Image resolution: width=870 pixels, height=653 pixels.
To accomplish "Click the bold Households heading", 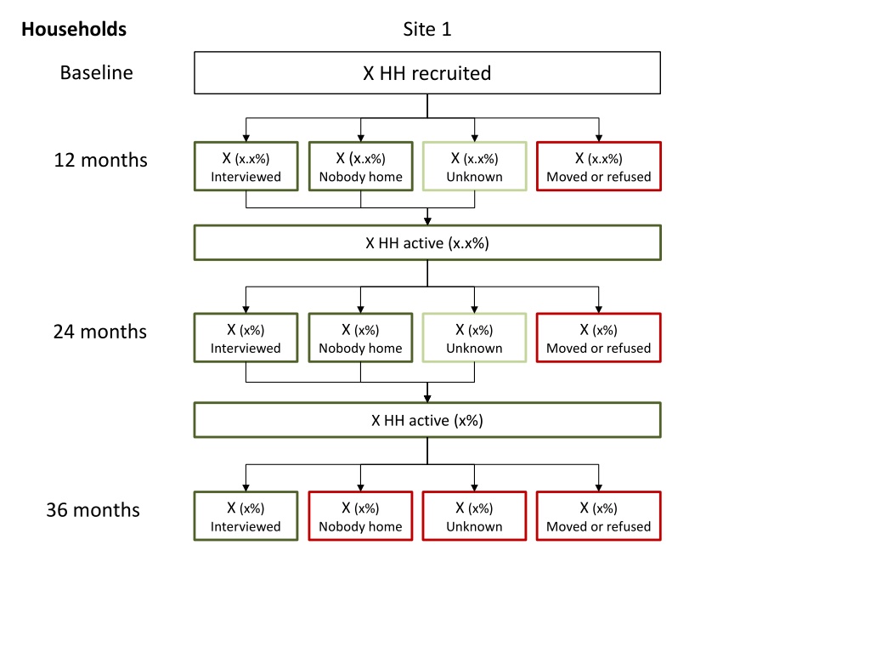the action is [74, 29].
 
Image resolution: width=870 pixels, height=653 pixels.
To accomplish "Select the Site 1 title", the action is [427, 29].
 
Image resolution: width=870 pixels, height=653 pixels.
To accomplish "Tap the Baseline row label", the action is [97, 73].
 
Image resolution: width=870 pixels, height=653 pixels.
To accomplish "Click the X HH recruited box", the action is [427, 73].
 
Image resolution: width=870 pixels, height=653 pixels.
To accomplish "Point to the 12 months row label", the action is [100, 160].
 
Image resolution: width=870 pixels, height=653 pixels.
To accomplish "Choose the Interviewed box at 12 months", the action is [246, 167].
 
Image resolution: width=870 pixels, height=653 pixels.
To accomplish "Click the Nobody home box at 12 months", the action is [360, 167].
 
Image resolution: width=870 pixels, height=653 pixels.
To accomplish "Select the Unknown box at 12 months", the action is [474, 167].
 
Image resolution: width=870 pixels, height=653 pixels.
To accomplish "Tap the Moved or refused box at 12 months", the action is [599, 167].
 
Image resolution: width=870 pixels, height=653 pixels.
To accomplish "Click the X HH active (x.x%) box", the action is [427, 242].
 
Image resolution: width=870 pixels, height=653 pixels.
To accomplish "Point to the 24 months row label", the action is [100, 332].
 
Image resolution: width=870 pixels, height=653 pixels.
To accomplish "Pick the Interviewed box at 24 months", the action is [246, 338].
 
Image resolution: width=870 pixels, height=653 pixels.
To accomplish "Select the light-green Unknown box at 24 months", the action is [474, 338].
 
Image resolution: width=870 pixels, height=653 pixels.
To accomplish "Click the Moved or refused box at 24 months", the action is [599, 338].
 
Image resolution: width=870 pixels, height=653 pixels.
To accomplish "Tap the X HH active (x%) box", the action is [427, 420].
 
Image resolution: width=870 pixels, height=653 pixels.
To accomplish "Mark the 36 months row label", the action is [93, 510].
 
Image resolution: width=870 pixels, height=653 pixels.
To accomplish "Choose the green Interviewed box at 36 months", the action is [246, 516].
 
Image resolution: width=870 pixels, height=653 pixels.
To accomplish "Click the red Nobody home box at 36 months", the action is [360, 516].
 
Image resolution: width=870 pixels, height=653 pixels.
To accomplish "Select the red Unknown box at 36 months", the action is [474, 516].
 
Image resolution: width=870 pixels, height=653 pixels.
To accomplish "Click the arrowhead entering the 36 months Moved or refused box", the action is [599, 487].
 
